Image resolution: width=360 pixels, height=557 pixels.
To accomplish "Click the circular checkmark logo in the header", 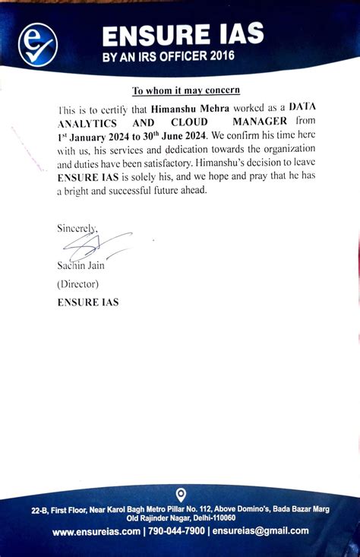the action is pyautogui.click(x=37, y=43).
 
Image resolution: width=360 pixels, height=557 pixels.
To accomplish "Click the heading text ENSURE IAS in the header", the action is pyautogui.click(x=182, y=34).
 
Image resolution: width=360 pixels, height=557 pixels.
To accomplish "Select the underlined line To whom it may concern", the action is pyautogui.click(x=186, y=90).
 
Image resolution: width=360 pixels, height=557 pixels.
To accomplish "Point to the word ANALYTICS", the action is pyautogui.click(x=87, y=122).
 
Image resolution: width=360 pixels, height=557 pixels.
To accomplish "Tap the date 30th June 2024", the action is pyautogui.click(x=171, y=135).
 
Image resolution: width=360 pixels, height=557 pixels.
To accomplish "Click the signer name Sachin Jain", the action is pyautogui.click(x=81, y=265).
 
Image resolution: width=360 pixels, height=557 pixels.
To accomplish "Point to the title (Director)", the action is pyautogui.click(x=77, y=283).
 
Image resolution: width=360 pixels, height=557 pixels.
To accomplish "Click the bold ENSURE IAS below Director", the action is pyautogui.click(x=88, y=302).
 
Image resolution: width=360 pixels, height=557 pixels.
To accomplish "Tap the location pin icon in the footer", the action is pyautogui.click(x=180, y=494).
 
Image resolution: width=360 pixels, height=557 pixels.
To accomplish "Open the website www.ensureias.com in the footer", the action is pyautogui.click(x=96, y=531).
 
